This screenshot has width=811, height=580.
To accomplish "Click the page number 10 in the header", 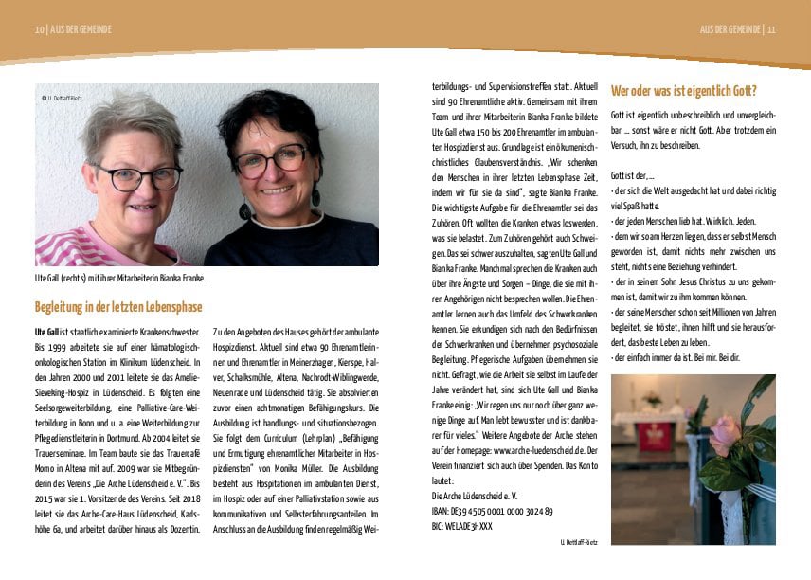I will tap(40, 29).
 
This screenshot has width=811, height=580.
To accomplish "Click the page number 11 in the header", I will tap(771, 29).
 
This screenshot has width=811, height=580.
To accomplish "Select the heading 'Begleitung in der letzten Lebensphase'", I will tap(118, 307).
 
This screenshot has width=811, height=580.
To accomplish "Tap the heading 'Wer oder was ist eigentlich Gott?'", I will tap(684, 92).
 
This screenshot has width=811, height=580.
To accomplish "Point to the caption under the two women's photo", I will tap(120, 279).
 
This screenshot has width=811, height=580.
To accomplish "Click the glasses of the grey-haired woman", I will tap(138, 177).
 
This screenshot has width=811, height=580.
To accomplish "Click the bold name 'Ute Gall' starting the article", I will tap(48, 333).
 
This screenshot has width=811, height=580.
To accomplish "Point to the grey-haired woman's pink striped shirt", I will tap(76, 248).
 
